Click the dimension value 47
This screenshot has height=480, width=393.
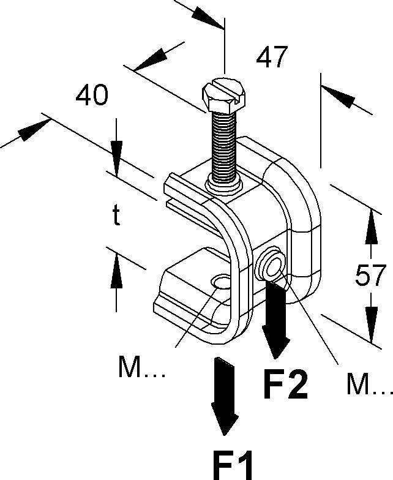[272, 58]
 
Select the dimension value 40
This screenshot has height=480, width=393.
[92, 96]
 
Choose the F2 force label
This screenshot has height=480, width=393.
[285, 384]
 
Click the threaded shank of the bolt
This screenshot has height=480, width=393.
[223, 144]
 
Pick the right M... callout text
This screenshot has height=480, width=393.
[368, 384]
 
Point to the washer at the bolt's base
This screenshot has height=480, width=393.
[223, 182]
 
